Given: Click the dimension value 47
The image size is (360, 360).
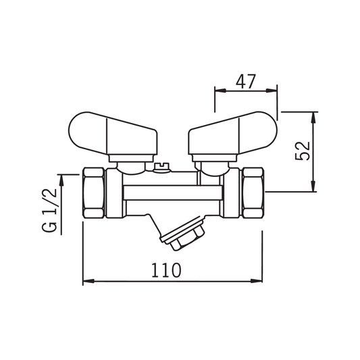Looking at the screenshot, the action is coord(246,82).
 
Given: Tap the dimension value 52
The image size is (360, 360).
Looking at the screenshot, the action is coord(303,151).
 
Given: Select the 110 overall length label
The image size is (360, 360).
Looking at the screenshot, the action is coord(166,270).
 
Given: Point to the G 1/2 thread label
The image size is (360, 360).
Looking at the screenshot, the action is coord(49,210).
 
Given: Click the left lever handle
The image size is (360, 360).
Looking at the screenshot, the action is coord(113,134).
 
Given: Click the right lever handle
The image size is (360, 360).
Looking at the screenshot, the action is coord(232,134).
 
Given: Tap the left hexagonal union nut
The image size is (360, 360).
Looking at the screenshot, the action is coord(93,193).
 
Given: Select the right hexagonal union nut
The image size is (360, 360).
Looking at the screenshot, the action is coord(253,193).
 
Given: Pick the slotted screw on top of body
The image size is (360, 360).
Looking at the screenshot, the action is coord(162,167).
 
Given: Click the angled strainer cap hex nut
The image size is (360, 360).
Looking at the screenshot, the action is coord(187,239).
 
